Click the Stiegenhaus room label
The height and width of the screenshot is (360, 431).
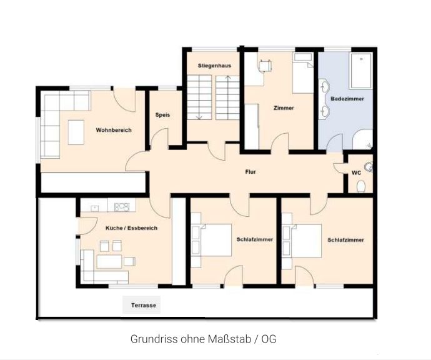pos(214,66)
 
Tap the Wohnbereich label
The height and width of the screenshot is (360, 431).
pos(114,130)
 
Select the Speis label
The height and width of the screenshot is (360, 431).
pos(162,115)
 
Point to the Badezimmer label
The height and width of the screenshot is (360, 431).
pos(347,99)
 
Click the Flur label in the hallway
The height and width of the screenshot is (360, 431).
pos(250,172)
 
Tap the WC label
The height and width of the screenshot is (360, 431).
pos(356,173)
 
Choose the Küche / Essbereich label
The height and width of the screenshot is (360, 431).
pos(131,228)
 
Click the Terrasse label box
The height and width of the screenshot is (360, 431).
pos(141,305)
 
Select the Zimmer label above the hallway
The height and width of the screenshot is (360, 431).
pos(284,108)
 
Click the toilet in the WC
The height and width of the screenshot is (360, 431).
pos(360,186)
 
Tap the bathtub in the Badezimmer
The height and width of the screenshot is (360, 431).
pos(360,71)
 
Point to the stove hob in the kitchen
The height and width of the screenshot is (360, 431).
pos(122,207)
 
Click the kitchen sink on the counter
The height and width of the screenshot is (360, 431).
pos(94,208)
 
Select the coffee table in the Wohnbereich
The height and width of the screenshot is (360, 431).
pos(76,132)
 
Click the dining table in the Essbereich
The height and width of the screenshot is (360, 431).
pos(109,261)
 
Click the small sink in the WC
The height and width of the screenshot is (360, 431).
pos(368,167)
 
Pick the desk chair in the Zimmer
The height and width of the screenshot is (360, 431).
pos(265,66)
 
